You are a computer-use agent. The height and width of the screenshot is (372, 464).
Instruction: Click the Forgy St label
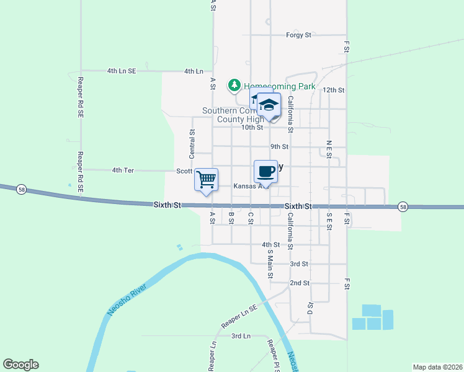click(x=298, y=35)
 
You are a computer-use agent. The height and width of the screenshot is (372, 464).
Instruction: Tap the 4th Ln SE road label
click(x=121, y=71)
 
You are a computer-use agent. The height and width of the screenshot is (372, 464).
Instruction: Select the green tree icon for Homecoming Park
click(x=234, y=85)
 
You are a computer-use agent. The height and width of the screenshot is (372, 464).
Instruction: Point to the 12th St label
click(x=333, y=90)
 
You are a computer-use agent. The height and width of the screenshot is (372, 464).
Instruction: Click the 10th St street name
click(x=252, y=127)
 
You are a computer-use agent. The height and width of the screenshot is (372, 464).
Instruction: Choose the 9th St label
click(x=279, y=147)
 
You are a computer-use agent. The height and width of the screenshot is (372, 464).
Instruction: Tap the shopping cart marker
click(x=206, y=180)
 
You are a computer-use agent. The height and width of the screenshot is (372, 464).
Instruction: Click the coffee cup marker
click(x=265, y=172)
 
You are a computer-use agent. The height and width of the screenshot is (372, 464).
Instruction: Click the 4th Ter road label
click(x=123, y=170)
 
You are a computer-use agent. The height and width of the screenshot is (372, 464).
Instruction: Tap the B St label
click(x=231, y=218)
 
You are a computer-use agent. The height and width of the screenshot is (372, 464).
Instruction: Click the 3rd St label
click(x=300, y=263)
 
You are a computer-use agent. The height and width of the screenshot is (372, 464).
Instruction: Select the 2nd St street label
click(x=300, y=283)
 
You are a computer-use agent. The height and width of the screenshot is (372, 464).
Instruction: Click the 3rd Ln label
click(x=241, y=336)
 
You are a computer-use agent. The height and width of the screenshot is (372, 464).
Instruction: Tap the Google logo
click(x=20, y=365)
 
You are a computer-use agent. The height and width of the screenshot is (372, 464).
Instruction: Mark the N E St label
click(x=329, y=149)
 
